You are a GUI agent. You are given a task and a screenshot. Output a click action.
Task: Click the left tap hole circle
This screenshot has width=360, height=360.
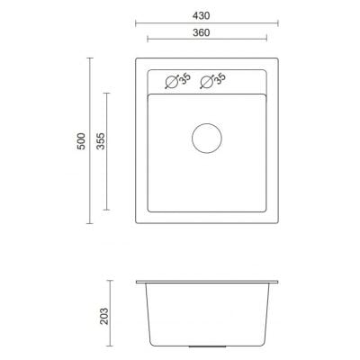(x=170, y=83)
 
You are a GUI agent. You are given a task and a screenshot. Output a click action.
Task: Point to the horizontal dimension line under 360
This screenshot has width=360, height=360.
(x=206, y=40)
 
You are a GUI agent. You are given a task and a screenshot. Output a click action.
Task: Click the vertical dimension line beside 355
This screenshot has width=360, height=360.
(x=109, y=158)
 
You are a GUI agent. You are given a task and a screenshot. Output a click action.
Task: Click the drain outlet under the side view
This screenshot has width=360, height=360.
(x=206, y=346)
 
